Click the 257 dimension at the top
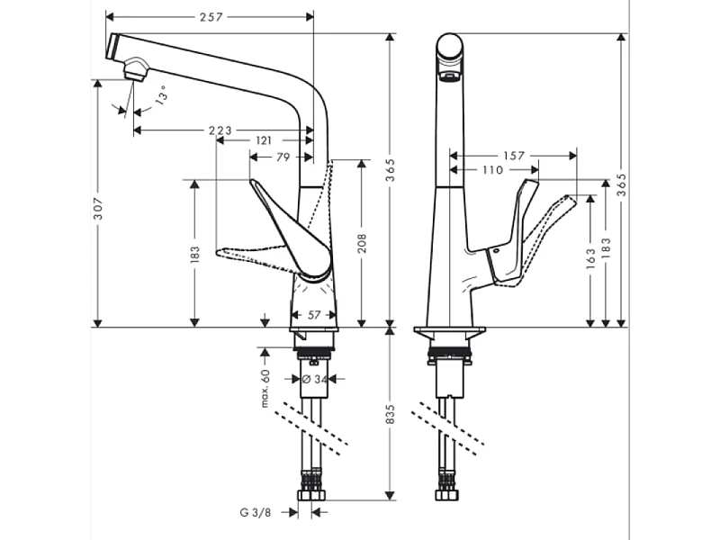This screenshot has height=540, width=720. (211, 17)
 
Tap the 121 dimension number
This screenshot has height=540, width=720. (265, 141)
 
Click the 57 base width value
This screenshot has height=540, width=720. (314, 315)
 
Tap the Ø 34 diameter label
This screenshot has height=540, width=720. (312, 379)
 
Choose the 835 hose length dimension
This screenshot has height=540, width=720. (390, 413)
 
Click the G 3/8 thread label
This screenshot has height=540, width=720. (255, 512)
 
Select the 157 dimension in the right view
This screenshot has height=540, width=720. (514, 156)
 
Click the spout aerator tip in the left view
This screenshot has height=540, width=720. (133, 70)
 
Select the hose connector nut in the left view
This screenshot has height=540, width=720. (312, 496)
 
